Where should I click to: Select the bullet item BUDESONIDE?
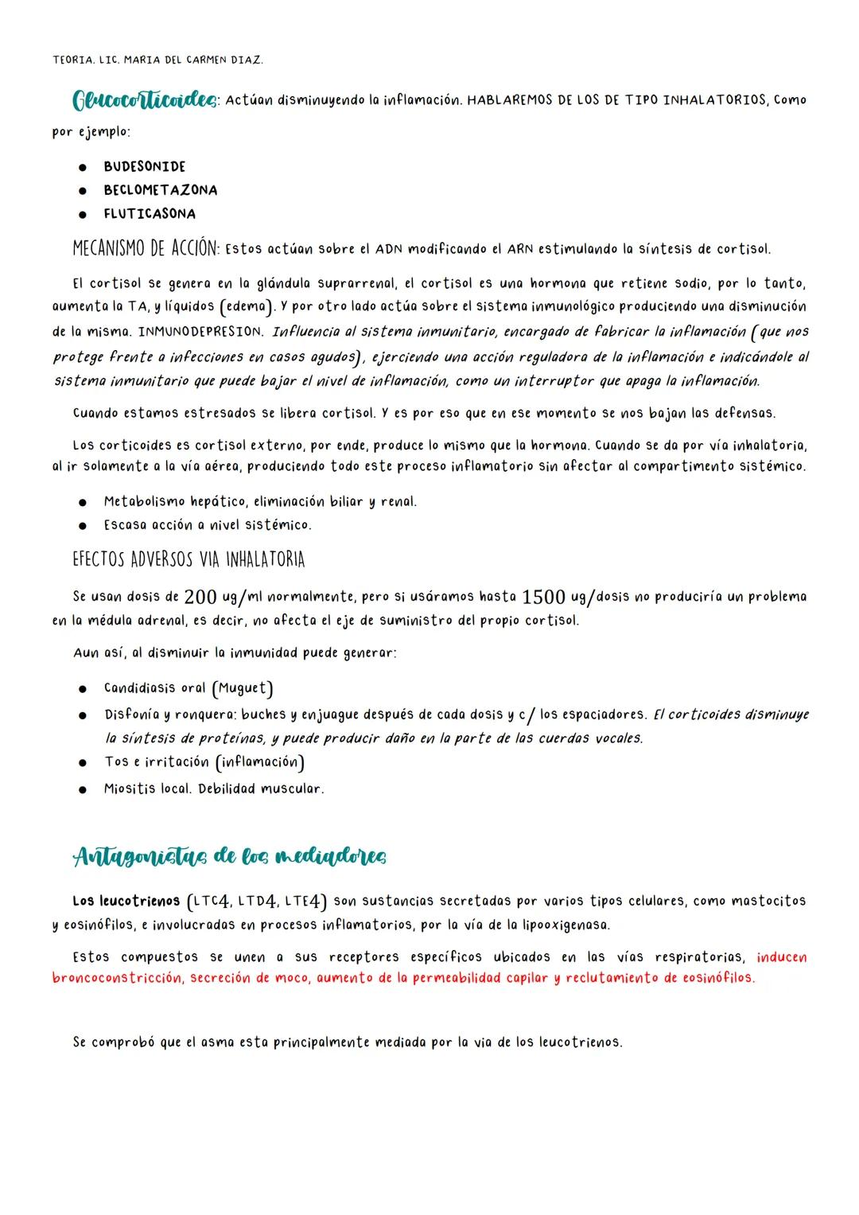[144, 166]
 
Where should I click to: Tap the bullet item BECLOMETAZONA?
[160, 190]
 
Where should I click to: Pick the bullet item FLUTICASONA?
[149, 214]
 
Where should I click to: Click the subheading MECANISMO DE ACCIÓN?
[145, 248]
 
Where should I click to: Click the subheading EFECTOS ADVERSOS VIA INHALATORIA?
[189, 560]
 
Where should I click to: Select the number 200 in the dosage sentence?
[200, 597]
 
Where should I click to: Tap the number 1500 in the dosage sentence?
[543, 597]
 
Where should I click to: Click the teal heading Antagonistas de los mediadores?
[230, 857]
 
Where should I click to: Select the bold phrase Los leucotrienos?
[126, 902]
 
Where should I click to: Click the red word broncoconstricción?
[117, 978]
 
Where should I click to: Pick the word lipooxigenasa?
[566, 925]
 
